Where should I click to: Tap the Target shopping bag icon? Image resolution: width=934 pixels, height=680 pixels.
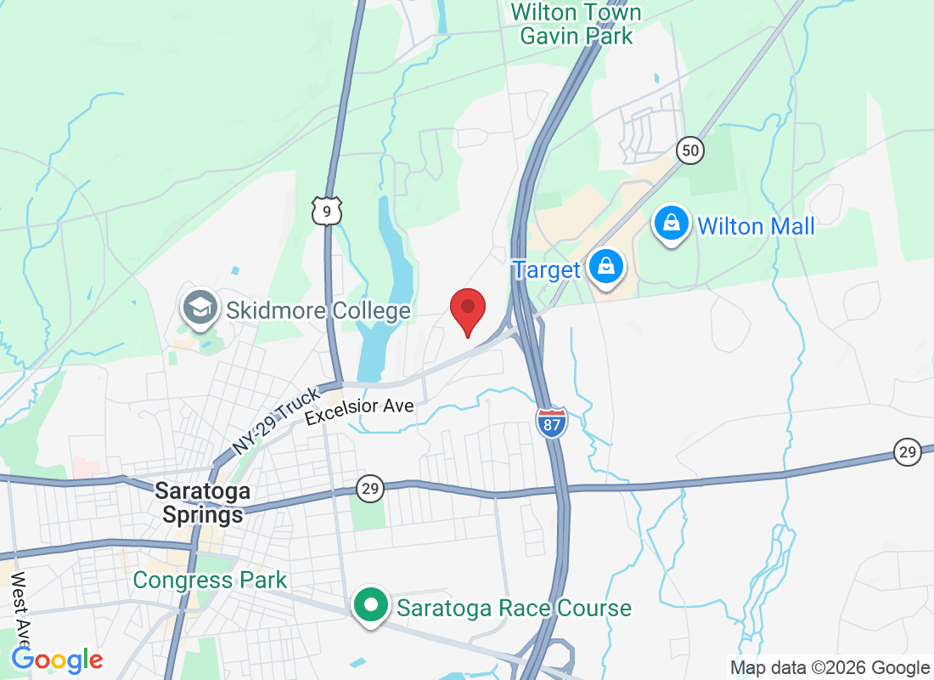[608, 267]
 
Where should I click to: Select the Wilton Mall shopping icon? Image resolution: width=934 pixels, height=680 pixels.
[672, 224]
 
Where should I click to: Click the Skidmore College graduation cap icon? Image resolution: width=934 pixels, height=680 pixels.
[200, 308]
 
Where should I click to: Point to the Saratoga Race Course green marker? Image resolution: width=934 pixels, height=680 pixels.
[370, 607]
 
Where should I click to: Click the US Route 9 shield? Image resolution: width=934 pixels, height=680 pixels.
[327, 210]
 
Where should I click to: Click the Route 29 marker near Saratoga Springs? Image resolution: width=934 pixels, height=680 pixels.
[371, 489]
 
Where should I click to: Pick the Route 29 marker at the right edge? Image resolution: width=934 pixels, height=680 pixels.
[908, 452]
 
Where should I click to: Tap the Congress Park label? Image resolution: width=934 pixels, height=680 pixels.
[211, 581]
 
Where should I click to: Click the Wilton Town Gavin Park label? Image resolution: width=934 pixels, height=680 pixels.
[576, 24]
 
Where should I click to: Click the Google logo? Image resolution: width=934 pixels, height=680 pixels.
[58, 660]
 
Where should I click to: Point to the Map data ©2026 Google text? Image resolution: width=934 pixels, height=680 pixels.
[830, 668]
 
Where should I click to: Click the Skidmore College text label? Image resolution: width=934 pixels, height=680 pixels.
[318, 310]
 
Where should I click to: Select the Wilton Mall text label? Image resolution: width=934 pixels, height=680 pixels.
[756, 226]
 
